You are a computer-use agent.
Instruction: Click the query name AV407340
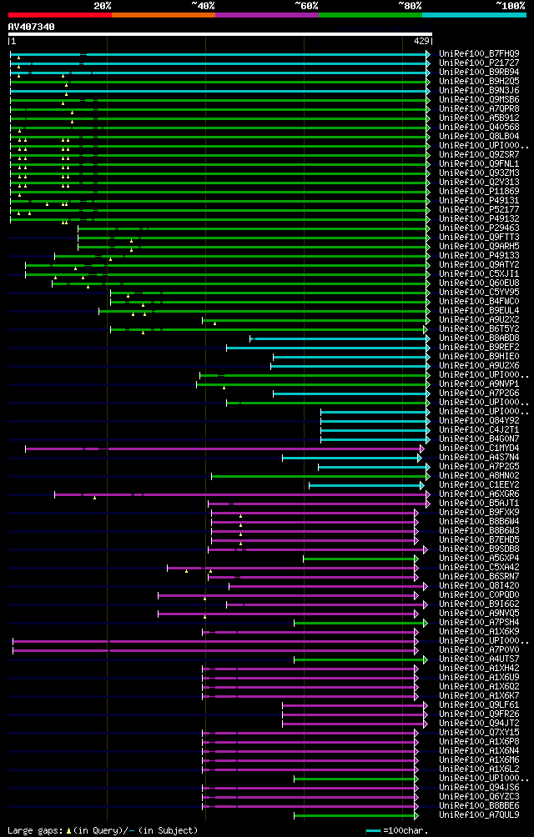pos(32,27)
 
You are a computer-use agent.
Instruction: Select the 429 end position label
pos(421,41)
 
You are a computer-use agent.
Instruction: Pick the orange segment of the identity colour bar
pos(164,14)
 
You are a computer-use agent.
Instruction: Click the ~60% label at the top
pos(306,5)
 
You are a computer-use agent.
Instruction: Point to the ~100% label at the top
pos(511,5)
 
